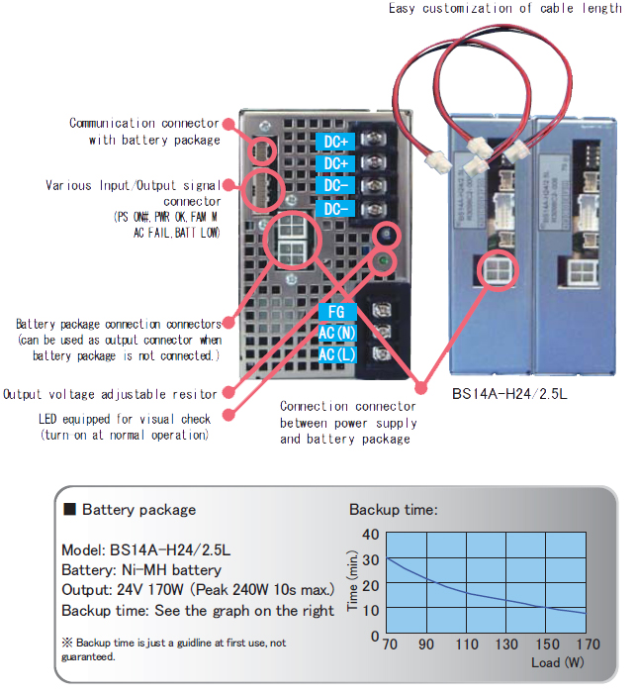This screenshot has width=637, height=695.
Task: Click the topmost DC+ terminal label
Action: tap(334, 142)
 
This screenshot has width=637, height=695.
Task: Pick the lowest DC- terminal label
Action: tap(334, 209)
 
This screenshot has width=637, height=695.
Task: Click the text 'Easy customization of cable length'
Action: tap(503, 9)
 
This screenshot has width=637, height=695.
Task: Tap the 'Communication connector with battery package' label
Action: tap(143, 131)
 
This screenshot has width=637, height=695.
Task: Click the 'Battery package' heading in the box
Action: tap(138, 510)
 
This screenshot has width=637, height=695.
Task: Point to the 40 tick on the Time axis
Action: tap(371, 535)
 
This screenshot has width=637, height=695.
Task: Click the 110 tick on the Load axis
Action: tap(466, 645)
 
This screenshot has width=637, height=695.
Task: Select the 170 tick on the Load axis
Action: tap(588, 645)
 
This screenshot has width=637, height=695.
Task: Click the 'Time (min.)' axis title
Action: tap(353, 584)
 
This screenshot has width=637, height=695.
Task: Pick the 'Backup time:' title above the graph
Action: tap(393, 510)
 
